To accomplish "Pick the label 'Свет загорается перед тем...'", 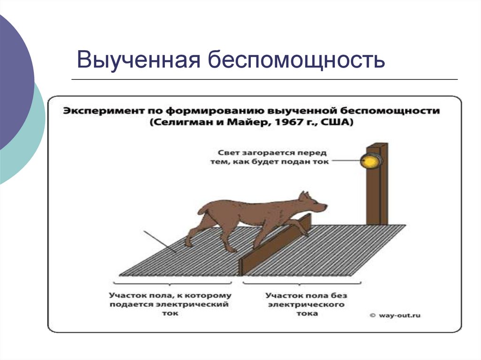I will pos(273,157).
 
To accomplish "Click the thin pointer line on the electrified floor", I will pos(160,242).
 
